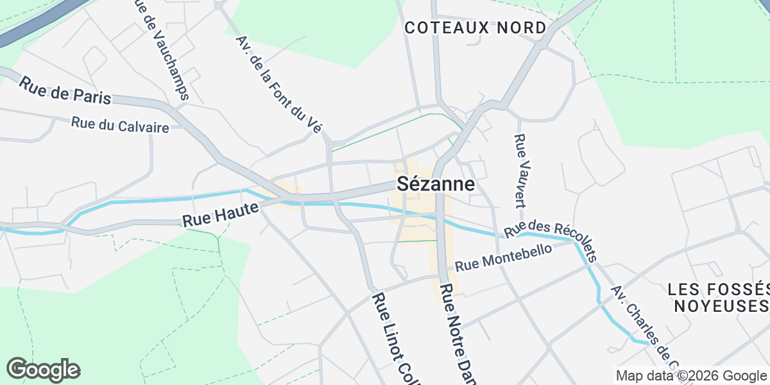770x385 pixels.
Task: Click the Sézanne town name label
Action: pyautogui.click(x=436, y=184)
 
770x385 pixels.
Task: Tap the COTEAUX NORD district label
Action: pyautogui.click(x=475, y=28)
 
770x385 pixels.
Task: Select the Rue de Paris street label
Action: pyautogui.click(x=65, y=90)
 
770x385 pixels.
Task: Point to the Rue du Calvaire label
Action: pyautogui.click(x=120, y=124)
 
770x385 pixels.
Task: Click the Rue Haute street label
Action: pyautogui.click(x=220, y=214)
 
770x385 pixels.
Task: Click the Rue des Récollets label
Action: pyautogui.click(x=551, y=240)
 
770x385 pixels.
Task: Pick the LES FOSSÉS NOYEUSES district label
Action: pyautogui.click(x=717, y=297)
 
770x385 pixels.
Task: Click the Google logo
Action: pyautogui.click(x=43, y=370)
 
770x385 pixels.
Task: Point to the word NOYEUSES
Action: pyautogui.click(x=721, y=305)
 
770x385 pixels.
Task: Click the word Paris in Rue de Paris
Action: pyautogui.click(x=92, y=96)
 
